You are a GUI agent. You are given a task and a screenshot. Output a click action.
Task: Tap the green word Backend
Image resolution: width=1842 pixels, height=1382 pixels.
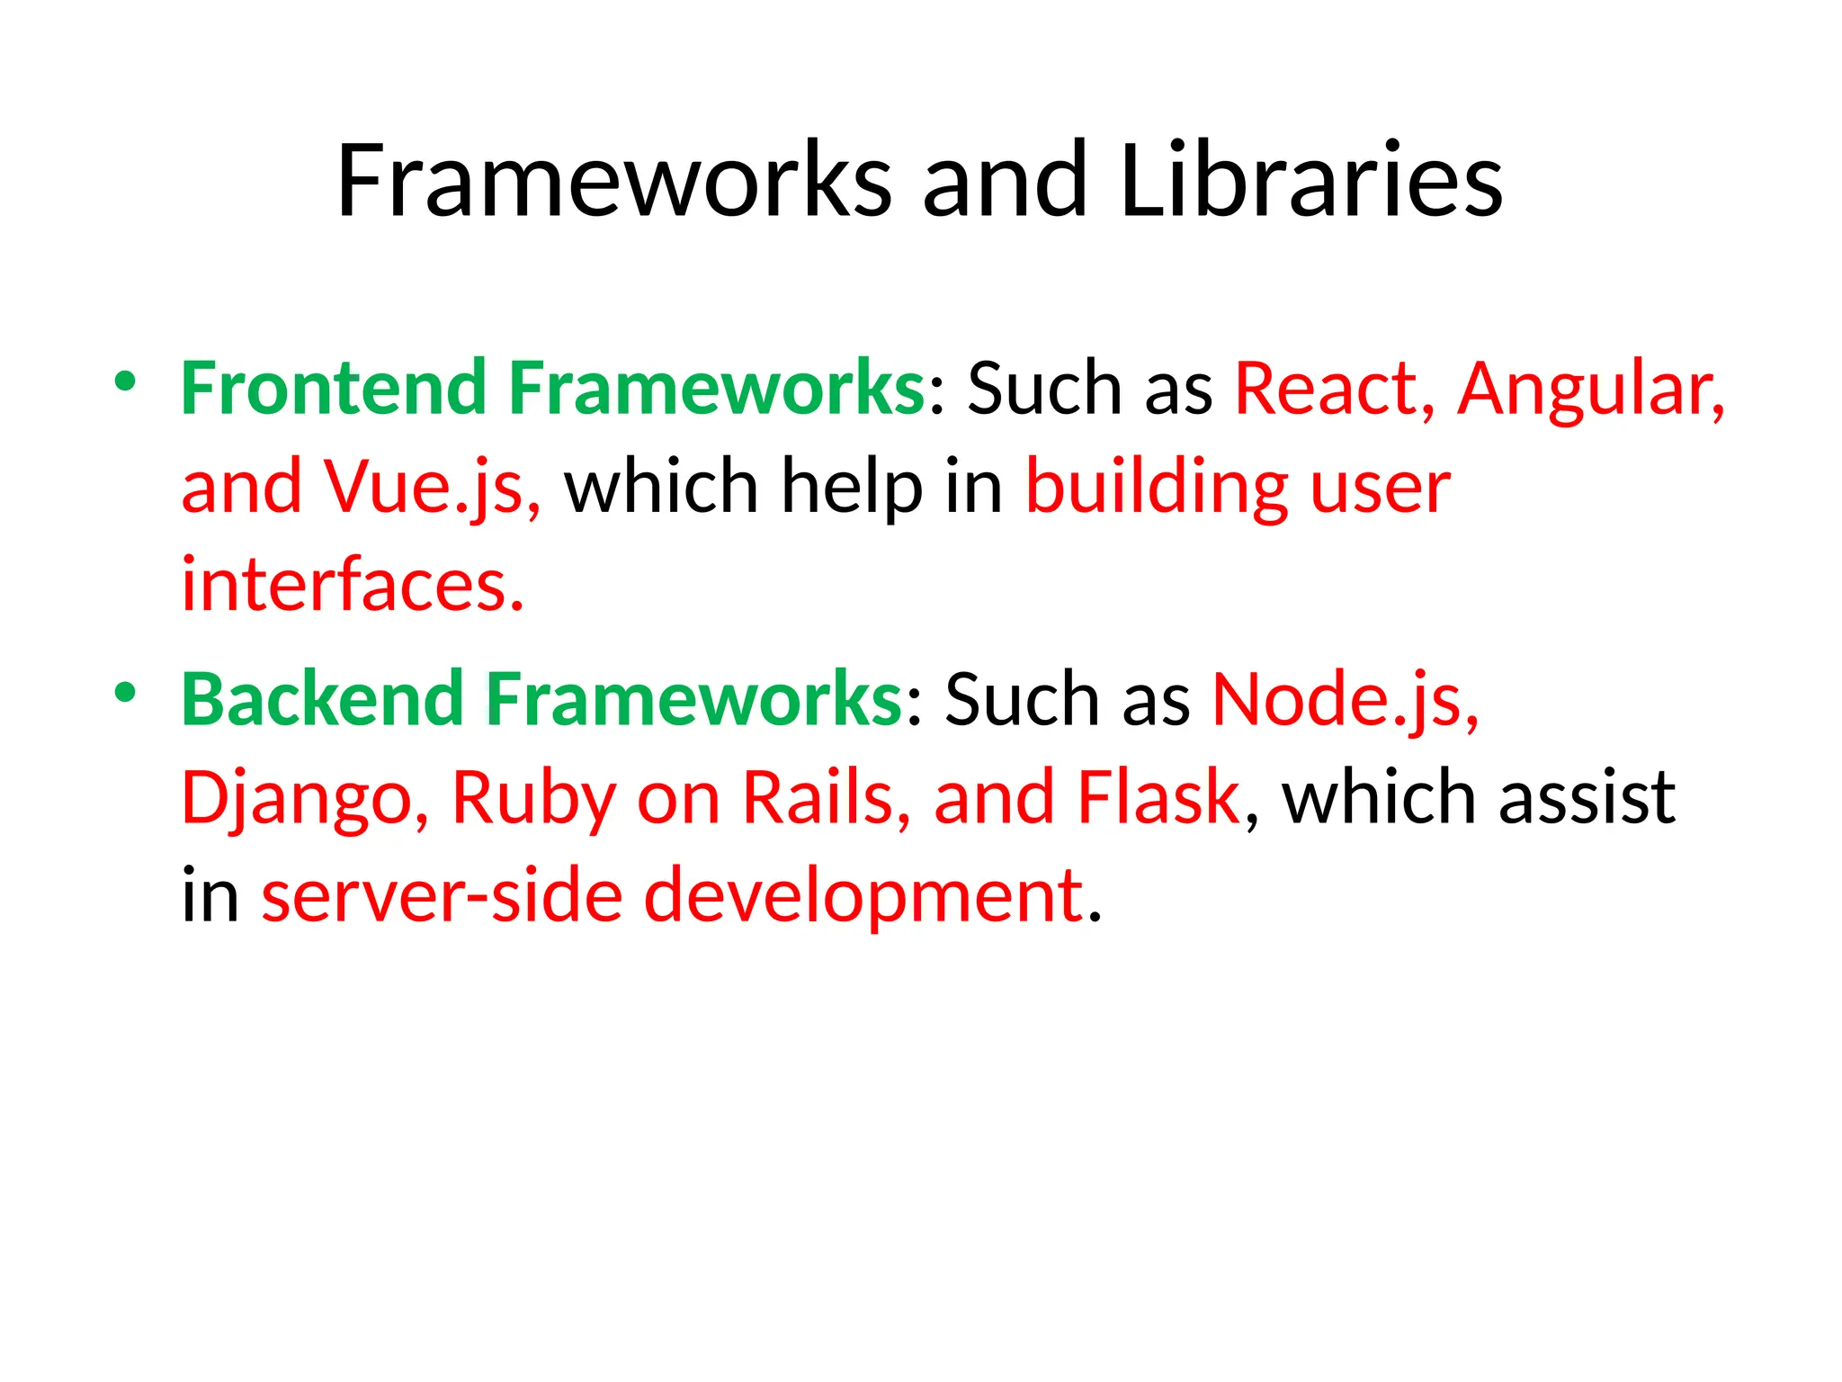click(x=322, y=699)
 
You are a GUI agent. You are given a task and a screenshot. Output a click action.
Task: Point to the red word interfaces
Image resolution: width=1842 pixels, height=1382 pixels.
click(x=352, y=585)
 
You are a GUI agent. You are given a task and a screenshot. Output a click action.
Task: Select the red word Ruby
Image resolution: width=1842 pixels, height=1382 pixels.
click(x=532, y=798)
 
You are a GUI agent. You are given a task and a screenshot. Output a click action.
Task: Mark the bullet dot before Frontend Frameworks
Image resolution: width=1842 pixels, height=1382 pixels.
click(x=125, y=381)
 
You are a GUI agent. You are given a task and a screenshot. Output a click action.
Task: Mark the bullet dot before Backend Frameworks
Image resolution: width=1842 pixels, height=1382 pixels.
click(x=125, y=693)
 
